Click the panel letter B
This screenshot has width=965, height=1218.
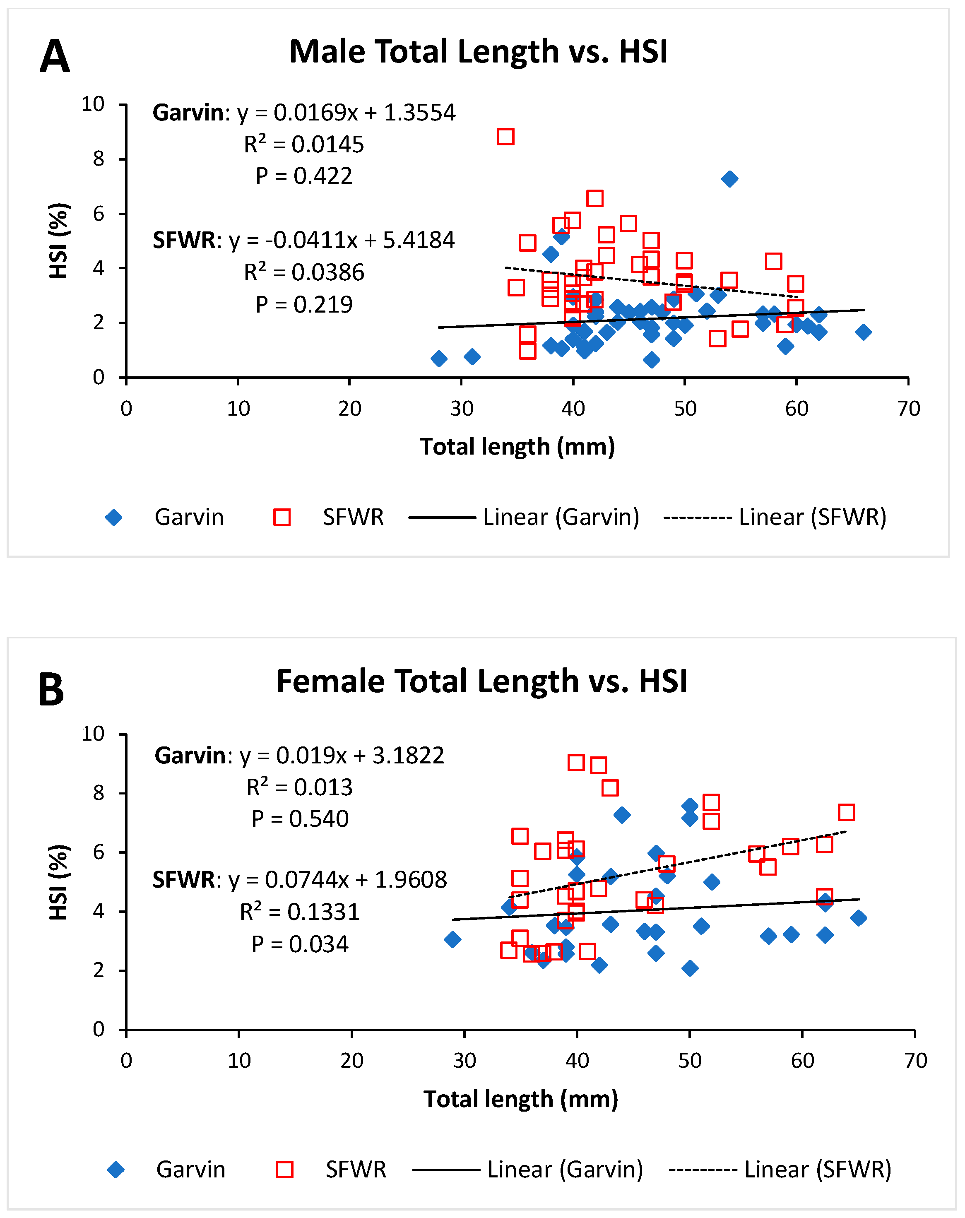click(51, 690)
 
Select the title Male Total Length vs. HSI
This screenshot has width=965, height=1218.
click(478, 51)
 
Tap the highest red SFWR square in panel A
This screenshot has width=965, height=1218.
click(505, 137)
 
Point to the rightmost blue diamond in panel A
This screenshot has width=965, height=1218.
click(863, 332)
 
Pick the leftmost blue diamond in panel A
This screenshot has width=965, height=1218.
click(439, 358)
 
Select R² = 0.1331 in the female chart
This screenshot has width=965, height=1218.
click(299, 912)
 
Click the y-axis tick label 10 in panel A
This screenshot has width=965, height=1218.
click(93, 104)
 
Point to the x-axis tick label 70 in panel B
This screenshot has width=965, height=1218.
click(915, 1060)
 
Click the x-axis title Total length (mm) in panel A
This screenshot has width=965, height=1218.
click(517, 447)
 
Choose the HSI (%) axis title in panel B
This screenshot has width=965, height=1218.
click(59, 882)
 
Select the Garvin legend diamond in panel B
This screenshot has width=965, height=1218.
click(116, 1170)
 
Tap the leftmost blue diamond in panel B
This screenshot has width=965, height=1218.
click(452, 939)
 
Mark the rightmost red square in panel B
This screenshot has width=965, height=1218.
click(846, 812)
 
